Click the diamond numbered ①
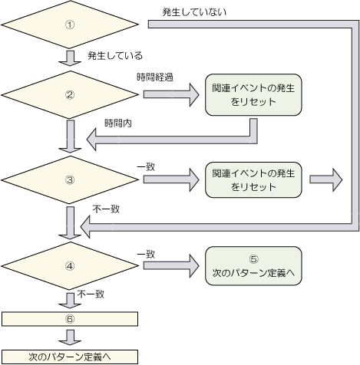70,25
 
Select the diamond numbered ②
70,95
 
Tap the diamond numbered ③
70,180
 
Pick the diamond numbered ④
70,266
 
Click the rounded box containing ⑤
253,266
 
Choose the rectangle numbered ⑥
70,319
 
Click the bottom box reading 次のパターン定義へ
70,357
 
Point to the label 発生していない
194,12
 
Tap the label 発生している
115,55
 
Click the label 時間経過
155,77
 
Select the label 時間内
118,123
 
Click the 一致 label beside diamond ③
146,167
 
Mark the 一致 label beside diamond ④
146,255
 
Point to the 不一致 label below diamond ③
106,209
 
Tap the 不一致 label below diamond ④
91,294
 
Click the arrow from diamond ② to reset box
171,94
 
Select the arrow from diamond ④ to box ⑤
171,266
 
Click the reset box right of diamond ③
253,180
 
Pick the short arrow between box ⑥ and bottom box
70,337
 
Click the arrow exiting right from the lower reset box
325,179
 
